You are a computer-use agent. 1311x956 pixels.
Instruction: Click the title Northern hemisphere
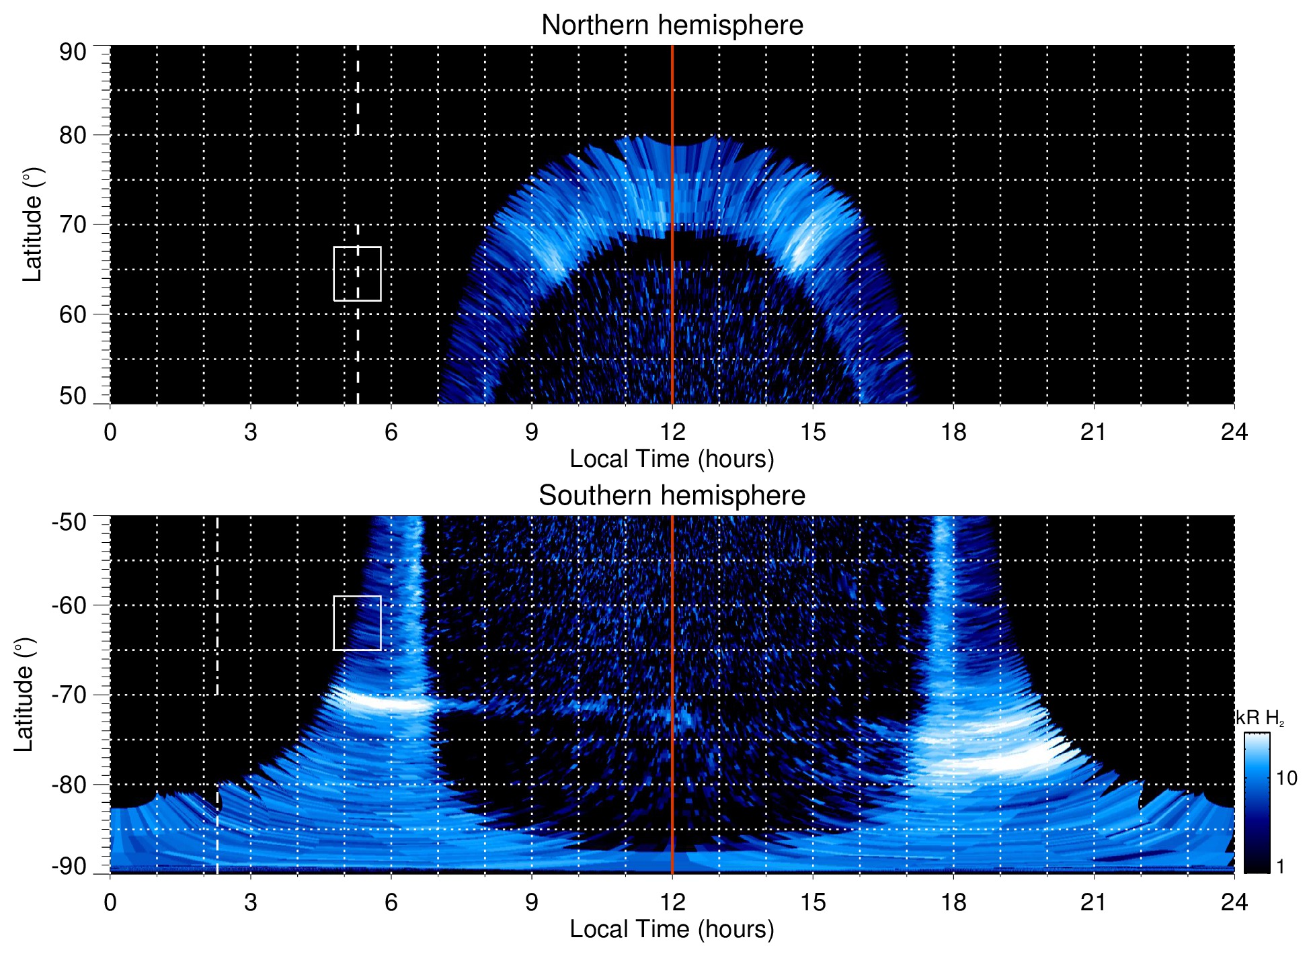tap(672, 26)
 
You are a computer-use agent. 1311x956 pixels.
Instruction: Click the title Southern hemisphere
tap(672, 496)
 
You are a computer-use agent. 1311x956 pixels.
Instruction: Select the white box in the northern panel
tap(357, 273)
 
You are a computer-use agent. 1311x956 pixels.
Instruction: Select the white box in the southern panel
tap(357, 623)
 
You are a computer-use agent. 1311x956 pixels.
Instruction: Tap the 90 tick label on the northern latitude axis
tap(73, 52)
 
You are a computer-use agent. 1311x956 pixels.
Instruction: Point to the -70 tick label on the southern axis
tap(69, 695)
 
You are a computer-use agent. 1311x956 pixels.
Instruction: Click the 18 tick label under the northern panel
tap(953, 432)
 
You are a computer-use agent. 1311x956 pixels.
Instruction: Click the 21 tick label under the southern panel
tap(1093, 902)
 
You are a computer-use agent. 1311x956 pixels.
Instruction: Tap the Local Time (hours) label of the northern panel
tap(672, 459)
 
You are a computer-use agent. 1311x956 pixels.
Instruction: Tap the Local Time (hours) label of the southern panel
tap(672, 929)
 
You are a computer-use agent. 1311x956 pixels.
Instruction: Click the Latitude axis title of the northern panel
tap(32, 224)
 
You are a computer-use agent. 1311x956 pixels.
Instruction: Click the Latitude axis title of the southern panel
tap(24, 695)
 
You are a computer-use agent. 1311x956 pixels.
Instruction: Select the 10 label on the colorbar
tap(1286, 779)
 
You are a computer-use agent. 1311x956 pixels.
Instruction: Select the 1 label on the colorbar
tap(1280, 867)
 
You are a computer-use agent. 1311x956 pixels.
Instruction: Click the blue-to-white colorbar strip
tap(1257, 803)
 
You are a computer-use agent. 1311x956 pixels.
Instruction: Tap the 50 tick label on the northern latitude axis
tap(73, 396)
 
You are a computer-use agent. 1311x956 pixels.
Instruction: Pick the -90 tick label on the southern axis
tap(69, 867)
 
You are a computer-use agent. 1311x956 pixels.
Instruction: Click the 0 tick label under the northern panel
tap(110, 432)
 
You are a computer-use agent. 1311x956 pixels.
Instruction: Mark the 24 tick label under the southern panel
tap(1234, 902)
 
